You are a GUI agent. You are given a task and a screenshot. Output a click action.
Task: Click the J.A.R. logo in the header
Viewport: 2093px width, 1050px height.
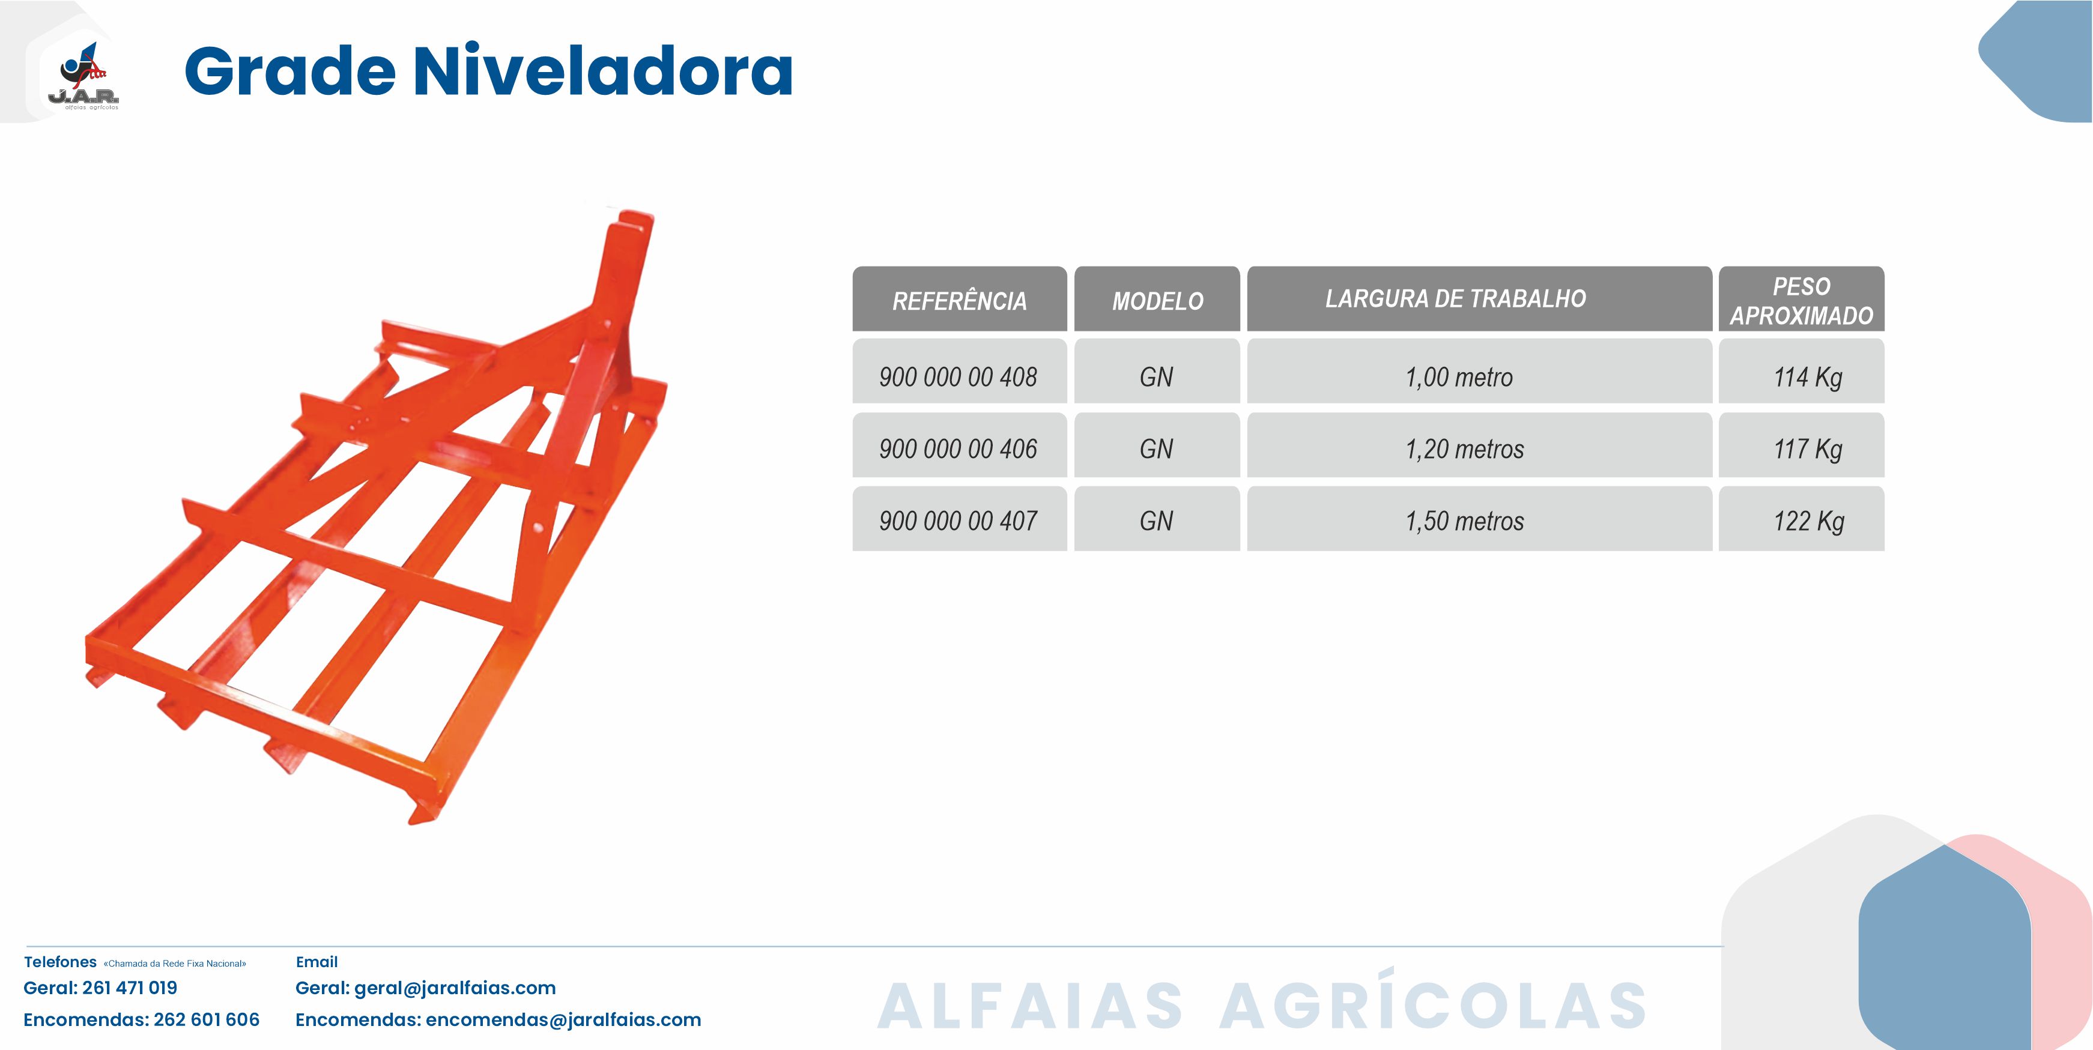coord(83,76)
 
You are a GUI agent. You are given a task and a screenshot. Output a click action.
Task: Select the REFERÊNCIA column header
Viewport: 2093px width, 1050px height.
coord(960,299)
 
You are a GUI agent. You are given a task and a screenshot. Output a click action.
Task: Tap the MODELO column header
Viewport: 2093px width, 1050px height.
coord(1157,299)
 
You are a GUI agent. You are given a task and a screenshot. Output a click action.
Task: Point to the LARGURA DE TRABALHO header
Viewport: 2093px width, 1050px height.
coord(1480,299)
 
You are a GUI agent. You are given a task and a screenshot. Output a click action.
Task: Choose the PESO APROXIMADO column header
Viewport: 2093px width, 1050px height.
coord(1801,299)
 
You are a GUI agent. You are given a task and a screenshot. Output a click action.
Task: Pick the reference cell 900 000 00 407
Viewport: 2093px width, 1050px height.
coord(960,519)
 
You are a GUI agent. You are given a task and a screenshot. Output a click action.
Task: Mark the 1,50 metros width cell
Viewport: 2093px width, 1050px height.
coord(1480,519)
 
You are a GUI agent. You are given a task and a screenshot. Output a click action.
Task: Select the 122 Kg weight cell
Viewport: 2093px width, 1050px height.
coord(1801,519)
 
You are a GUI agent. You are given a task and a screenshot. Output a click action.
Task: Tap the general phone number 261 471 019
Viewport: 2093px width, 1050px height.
coord(130,988)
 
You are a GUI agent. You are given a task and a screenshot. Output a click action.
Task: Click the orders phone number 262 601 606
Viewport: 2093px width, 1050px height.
coord(207,1020)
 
